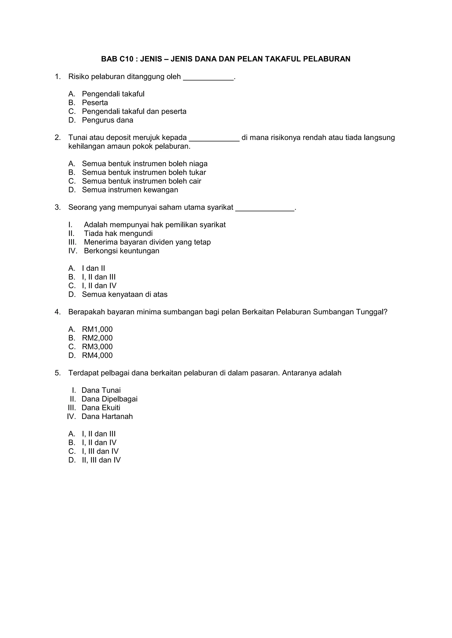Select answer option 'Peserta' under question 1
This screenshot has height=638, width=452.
click(x=95, y=103)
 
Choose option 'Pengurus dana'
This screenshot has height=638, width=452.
click(x=107, y=120)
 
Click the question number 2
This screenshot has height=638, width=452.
click(x=58, y=137)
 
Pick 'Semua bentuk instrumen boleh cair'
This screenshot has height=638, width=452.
click(x=141, y=181)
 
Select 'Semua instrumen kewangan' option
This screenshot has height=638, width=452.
click(x=130, y=190)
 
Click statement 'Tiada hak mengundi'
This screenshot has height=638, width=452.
click(x=118, y=234)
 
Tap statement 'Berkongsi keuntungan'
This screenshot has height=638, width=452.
click(x=121, y=251)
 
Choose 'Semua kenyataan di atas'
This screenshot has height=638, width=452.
click(x=124, y=295)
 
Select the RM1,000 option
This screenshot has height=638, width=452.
click(x=97, y=330)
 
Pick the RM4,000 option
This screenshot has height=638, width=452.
click(x=97, y=356)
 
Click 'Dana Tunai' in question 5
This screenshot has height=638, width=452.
click(x=101, y=390)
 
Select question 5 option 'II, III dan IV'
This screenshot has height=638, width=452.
click(x=101, y=460)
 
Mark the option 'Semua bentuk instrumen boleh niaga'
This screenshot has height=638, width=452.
click(x=145, y=164)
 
